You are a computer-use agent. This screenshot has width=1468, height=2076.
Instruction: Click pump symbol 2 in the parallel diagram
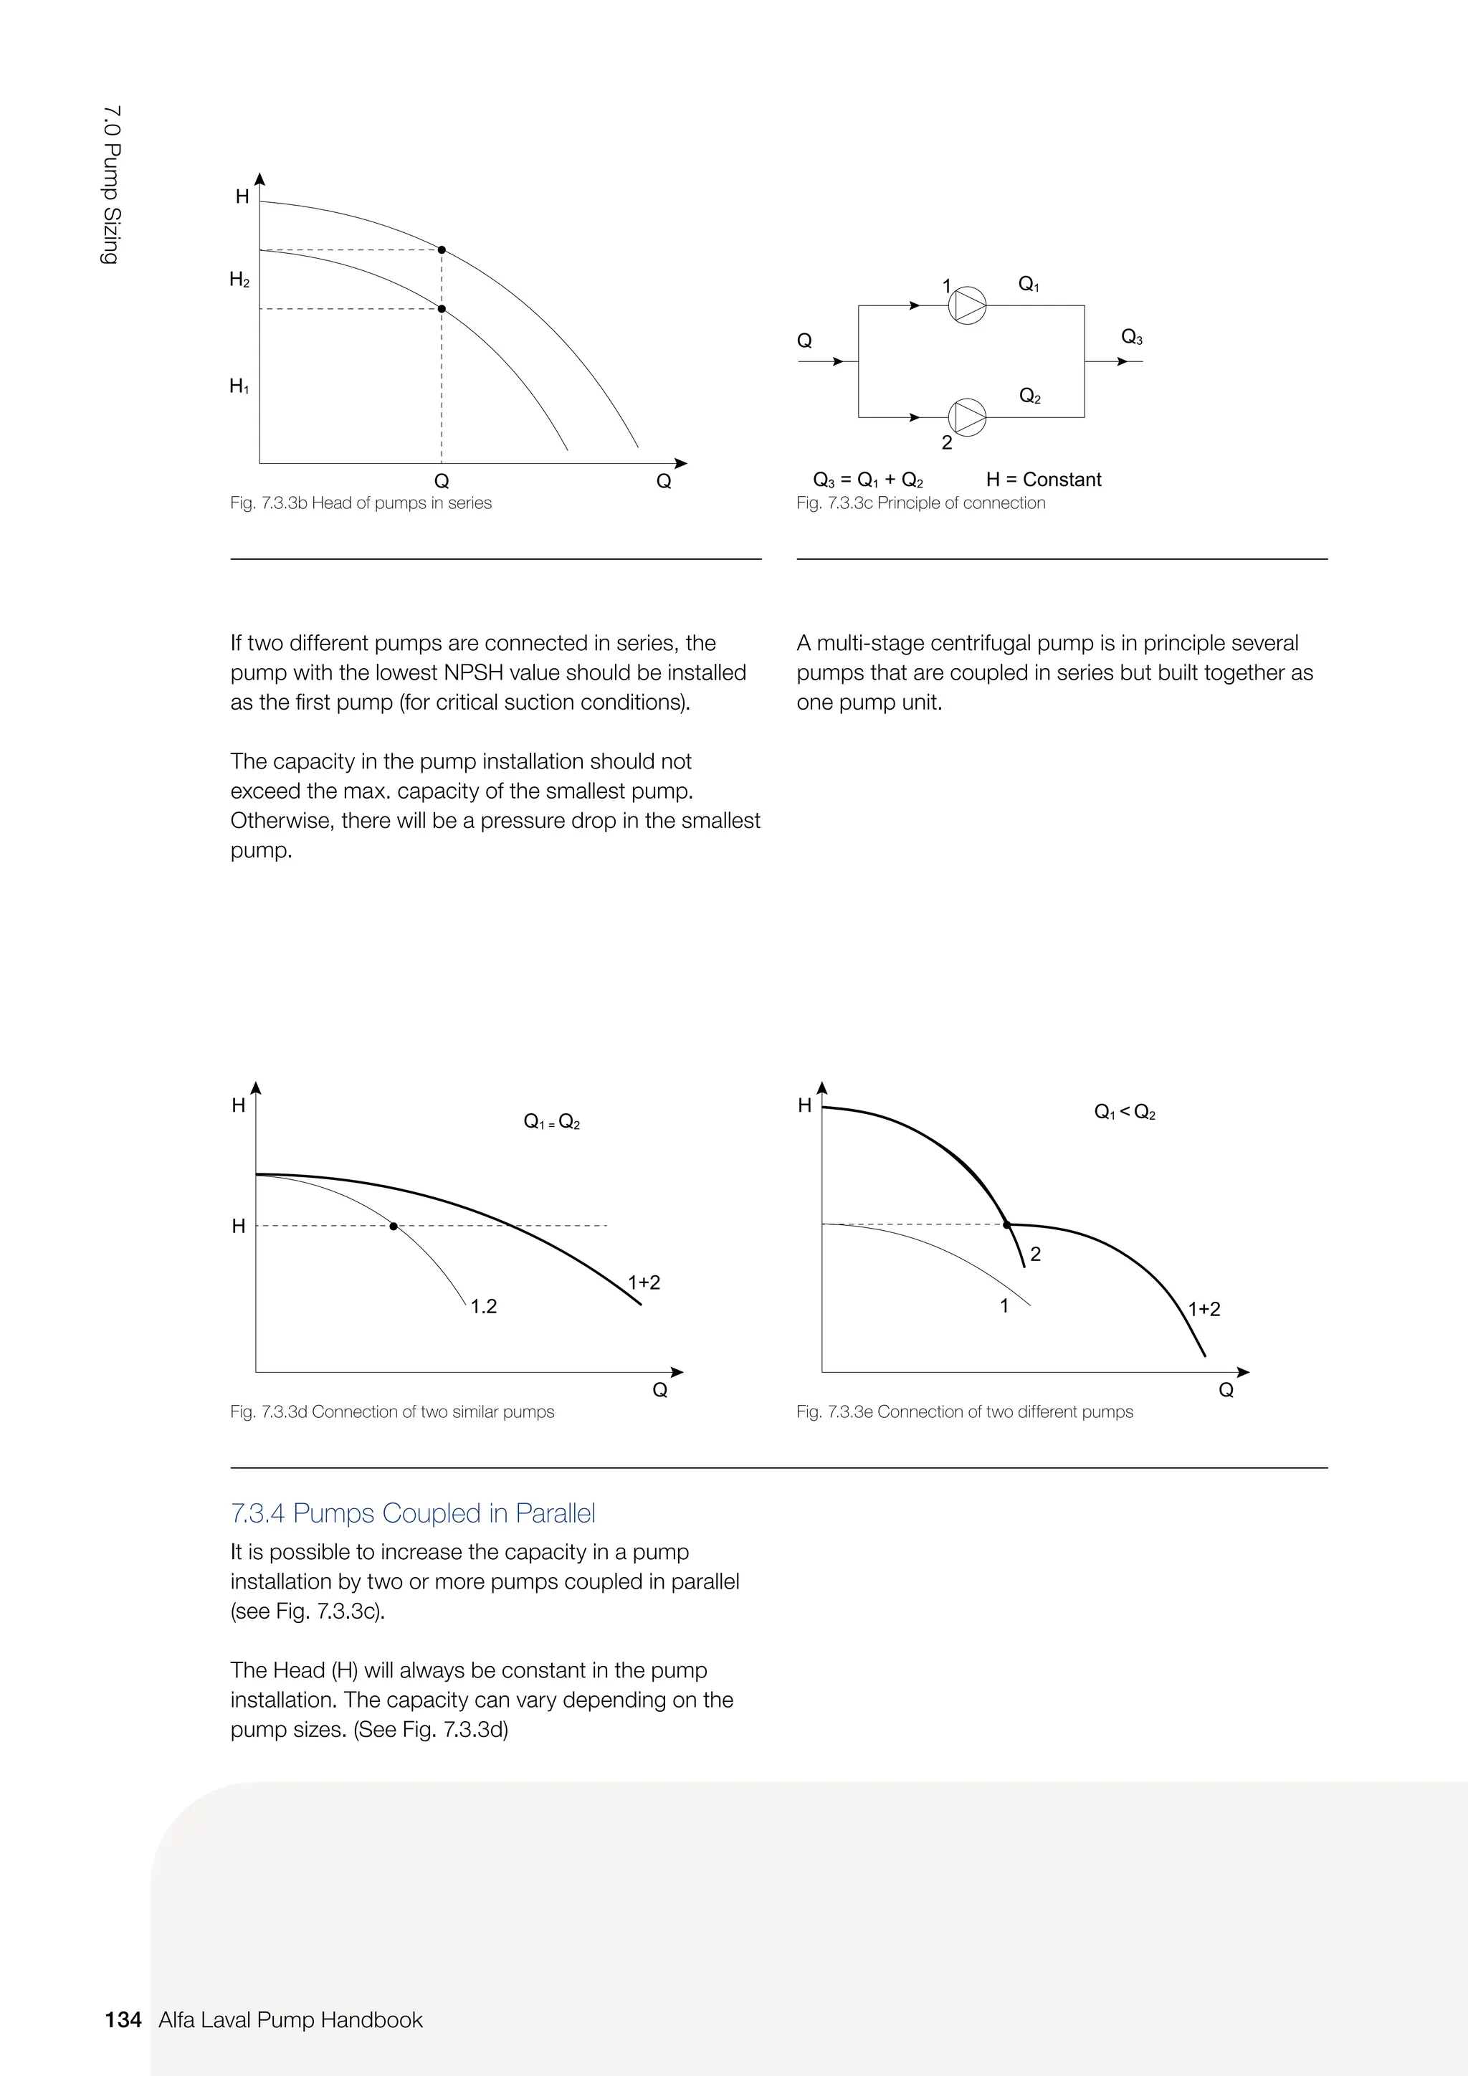pyautogui.click(x=967, y=416)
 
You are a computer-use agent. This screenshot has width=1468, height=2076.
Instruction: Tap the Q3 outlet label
pyautogui.click(x=1131, y=337)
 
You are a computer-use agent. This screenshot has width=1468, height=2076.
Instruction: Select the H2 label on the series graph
pyautogui.click(x=239, y=280)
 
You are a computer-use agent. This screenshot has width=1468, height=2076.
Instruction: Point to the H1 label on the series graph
pyautogui.click(x=239, y=387)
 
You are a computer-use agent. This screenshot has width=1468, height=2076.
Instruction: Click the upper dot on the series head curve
pyautogui.click(x=441, y=249)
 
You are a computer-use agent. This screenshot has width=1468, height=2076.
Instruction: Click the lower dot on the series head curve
pyautogui.click(x=441, y=309)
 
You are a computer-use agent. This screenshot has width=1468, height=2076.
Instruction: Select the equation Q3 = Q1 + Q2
pyautogui.click(x=868, y=480)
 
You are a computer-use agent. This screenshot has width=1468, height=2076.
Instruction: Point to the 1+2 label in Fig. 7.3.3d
pyautogui.click(x=644, y=1282)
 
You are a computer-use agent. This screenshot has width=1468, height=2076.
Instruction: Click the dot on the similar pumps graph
pyautogui.click(x=394, y=1226)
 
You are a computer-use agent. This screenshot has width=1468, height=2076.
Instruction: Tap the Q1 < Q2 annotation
pyautogui.click(x=1125, y=1112)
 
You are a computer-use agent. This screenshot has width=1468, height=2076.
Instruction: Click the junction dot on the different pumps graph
pyautogui.click(x=1007, y=1225)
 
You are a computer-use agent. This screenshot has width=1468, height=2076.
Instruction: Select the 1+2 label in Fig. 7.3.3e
pyautogui.click(x=1204, y=1309)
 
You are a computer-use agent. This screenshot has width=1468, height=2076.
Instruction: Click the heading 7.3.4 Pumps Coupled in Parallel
pyautogui.click(x=413, y=1513)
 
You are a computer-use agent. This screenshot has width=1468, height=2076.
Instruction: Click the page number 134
pyautogui.click(x=123, y=2020)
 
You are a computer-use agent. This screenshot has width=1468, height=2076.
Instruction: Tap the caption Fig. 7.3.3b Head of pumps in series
pyautogui.click(x=361, y=503)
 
